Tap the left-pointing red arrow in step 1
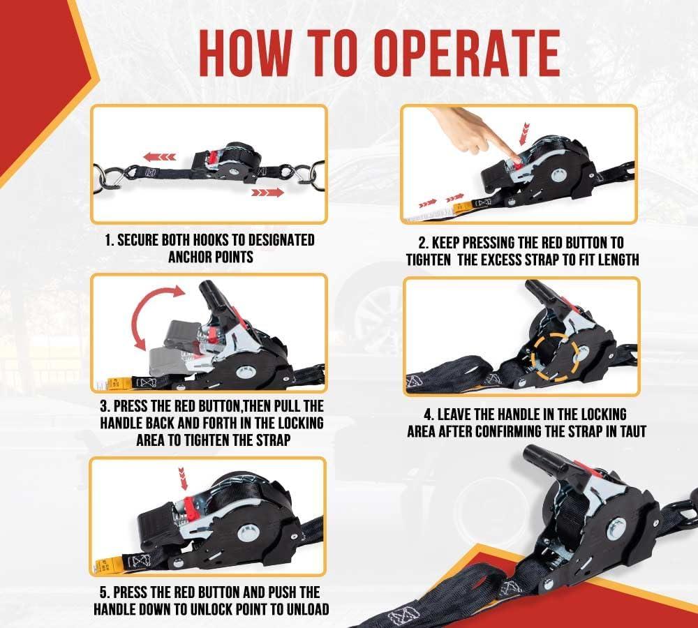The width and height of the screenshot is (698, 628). [159, 157]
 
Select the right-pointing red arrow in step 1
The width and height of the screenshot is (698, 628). [267, 193]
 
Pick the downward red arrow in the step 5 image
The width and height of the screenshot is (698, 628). [182, 479]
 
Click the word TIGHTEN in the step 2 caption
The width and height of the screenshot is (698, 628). [429, 260]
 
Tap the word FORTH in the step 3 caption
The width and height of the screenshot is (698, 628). [224, 423]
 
